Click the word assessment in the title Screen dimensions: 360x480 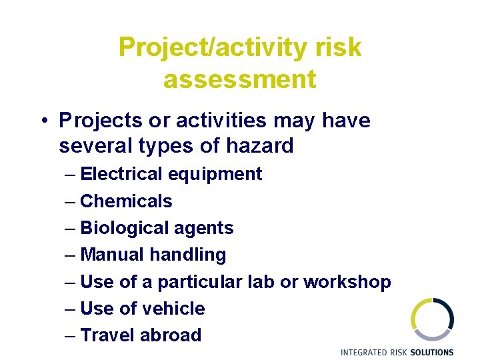(x=239, y=79)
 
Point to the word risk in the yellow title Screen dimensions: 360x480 (x=338, y=47)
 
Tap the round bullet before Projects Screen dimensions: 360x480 (x=42, y=121)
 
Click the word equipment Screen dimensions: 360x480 (x=215, y=175)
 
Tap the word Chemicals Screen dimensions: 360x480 (x=126, y=201)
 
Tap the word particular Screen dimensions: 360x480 (x=199, y=282)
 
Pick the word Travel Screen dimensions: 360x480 (x=107, y=335)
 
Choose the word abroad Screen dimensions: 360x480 (x=171, y=335)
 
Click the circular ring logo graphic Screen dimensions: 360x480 (x=432, y=319)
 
